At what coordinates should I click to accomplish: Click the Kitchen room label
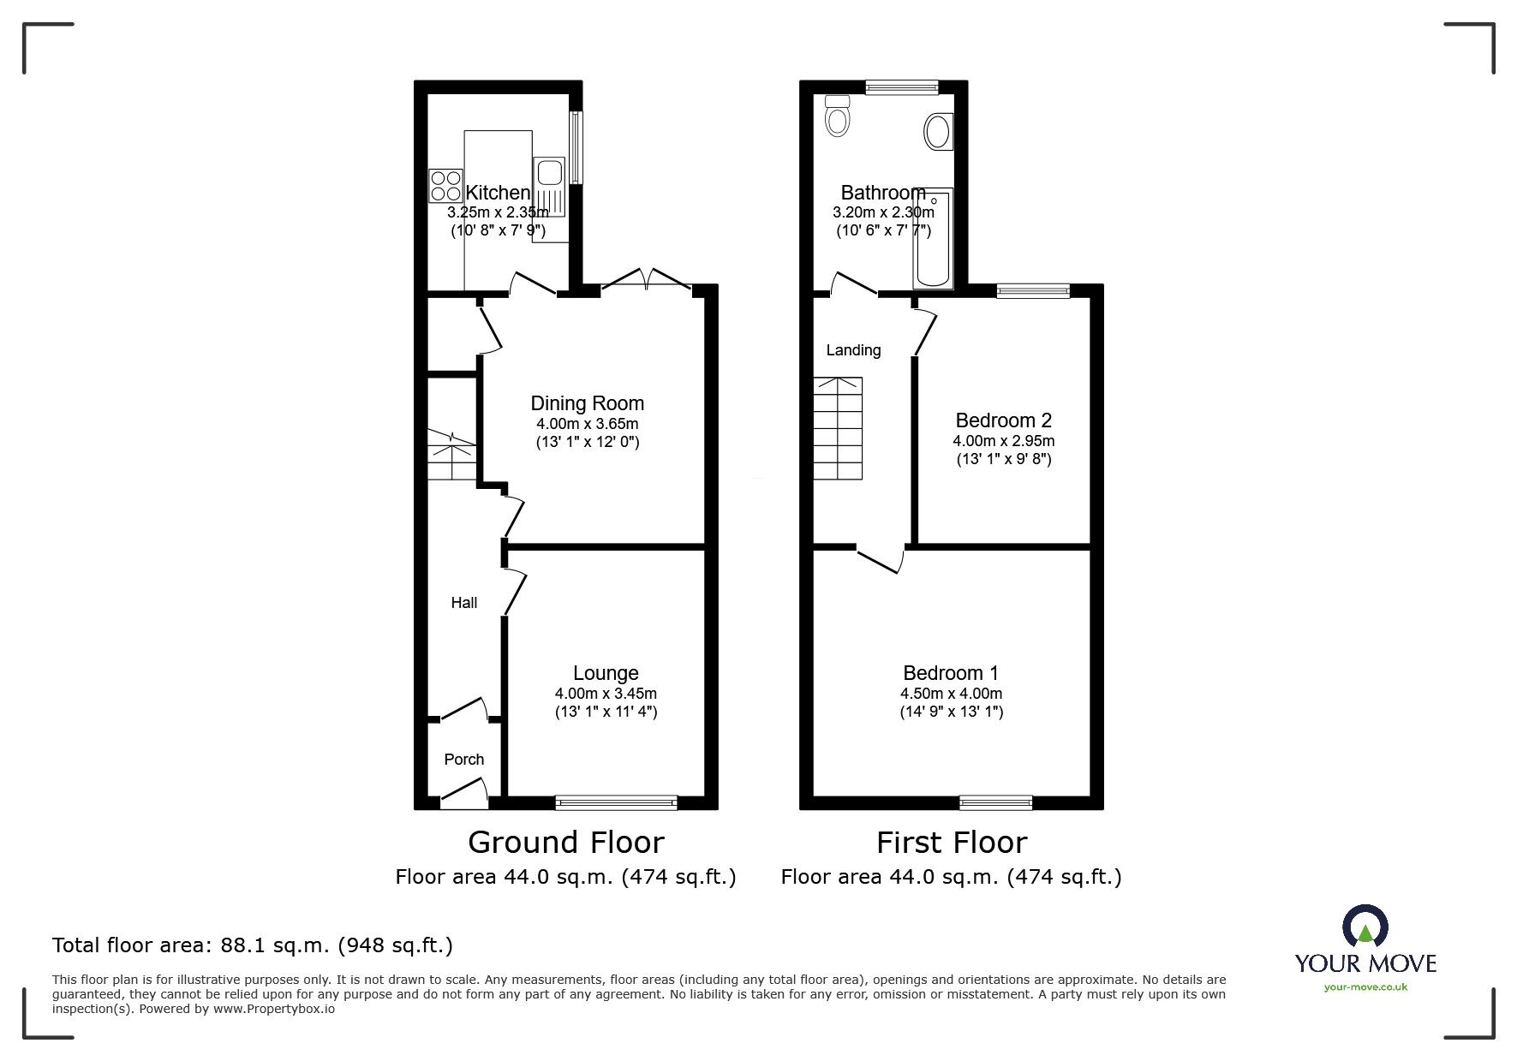498,193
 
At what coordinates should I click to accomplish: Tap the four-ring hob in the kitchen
445,186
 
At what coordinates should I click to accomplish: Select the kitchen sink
548,172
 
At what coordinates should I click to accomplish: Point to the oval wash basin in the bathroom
938,133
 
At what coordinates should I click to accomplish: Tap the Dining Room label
587,403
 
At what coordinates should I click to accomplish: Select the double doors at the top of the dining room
647,280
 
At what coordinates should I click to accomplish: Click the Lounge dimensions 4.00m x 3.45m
606,694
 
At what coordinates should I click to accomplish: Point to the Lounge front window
616,802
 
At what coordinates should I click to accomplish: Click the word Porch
463,760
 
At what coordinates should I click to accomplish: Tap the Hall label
463,603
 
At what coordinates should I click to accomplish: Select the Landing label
853,350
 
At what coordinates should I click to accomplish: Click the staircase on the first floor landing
837,428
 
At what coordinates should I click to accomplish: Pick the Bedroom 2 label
1003,420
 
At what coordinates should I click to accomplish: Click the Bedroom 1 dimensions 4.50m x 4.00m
951,694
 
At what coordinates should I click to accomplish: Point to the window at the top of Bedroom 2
1033,291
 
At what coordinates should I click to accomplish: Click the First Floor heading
951,843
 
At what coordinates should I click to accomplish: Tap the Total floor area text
253,945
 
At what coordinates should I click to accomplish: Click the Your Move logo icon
1365,927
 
